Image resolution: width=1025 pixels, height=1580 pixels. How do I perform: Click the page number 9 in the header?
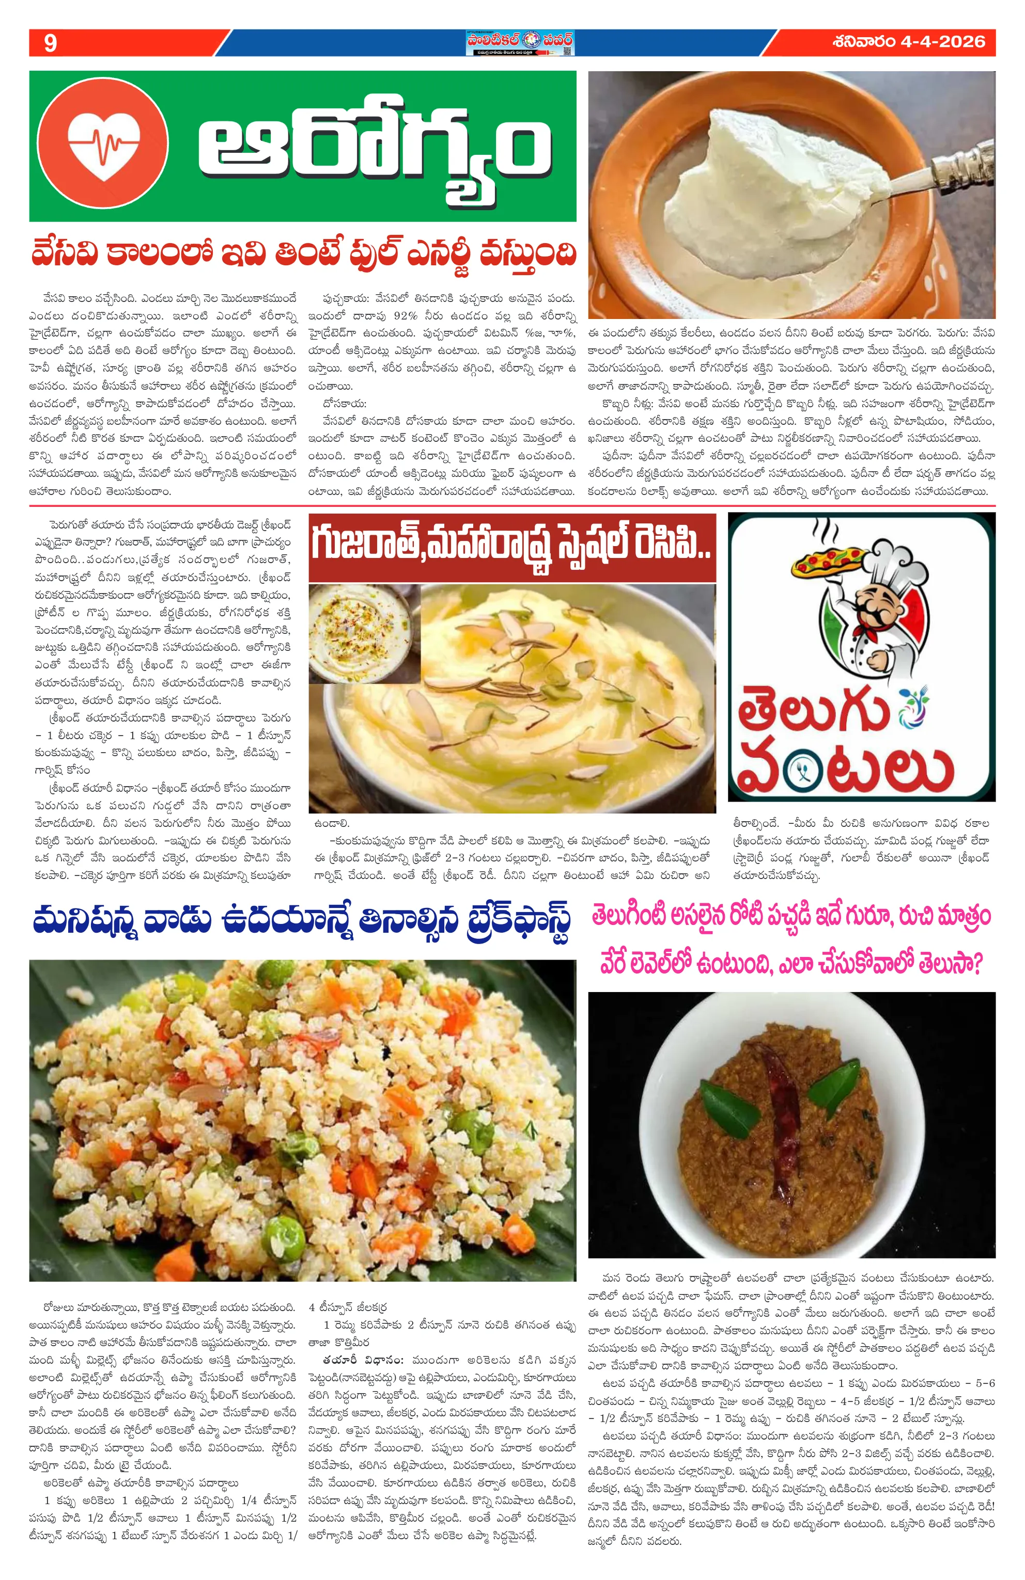click(x=50, y=43)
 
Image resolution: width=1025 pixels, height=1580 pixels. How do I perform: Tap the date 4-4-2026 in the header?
click(x=943, y=42)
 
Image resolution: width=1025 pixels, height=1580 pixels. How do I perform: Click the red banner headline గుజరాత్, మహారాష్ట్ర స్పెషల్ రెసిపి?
click(x=511, y=547)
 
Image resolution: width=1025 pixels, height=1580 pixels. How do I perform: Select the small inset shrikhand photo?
click(x=364, y=633)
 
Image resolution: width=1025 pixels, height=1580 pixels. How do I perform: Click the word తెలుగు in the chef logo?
click(x=813, y=710)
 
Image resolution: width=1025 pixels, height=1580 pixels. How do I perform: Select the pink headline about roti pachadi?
click(x=790, y=940)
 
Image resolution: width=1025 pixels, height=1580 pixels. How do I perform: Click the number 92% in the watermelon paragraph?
click(x=405, y=316)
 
